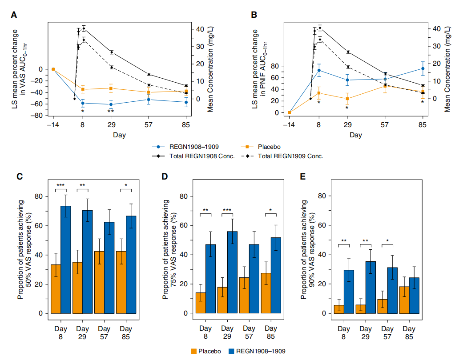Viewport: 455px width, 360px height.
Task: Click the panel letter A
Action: click(x=14, y=15)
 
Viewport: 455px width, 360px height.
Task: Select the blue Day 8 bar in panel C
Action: click(x=65, y=260)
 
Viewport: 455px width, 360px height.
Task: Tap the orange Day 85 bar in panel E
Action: click(x=404, y=300)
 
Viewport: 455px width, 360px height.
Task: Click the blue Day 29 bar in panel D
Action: click(x=233, y=272)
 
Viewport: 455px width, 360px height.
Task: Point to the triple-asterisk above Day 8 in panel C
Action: click(x=60, y=185)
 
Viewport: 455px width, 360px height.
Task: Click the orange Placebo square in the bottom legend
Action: click(x=194, y=351)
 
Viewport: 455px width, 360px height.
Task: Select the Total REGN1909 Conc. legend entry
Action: click(x=282, y=156)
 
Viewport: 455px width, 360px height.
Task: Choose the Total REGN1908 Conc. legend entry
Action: click(x=193, y=156)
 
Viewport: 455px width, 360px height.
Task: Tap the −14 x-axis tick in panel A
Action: click(x=53, y=124)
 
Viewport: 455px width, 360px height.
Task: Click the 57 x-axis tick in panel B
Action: click(x=385, y=124)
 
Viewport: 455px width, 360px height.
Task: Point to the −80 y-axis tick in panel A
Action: click(x=37, y=116)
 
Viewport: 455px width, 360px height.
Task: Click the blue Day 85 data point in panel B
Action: click(x=423, y=69)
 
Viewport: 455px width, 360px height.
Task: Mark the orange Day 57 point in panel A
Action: click(x=149, y=92)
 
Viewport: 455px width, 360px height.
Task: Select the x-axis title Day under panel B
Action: click(x=356, y=135)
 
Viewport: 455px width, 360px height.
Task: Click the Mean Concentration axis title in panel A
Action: click(x=210, y=69)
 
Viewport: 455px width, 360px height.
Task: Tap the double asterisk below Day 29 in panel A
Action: click(x=111, y=111)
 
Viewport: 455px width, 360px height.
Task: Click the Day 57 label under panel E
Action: click(x=387, y=332)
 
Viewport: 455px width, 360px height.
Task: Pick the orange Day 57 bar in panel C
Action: click(x=99, y=282)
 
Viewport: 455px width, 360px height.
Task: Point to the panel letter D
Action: click(x=165, y=176)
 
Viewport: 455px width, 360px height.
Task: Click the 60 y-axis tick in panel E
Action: click(x=322, y=225)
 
